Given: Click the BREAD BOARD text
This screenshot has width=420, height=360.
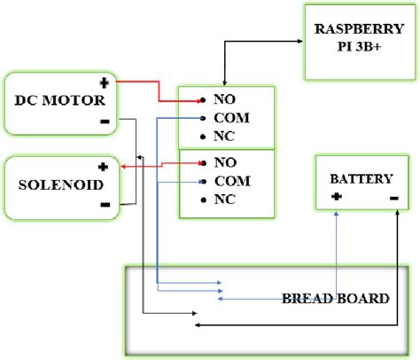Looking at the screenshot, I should [335, 298].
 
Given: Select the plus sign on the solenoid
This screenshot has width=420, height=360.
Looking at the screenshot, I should [103, 166].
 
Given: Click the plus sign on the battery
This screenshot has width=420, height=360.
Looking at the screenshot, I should [336, 196].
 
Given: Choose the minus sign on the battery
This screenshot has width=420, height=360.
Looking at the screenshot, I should [393, 196].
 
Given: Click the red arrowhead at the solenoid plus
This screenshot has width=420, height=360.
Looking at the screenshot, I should [121, 166].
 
